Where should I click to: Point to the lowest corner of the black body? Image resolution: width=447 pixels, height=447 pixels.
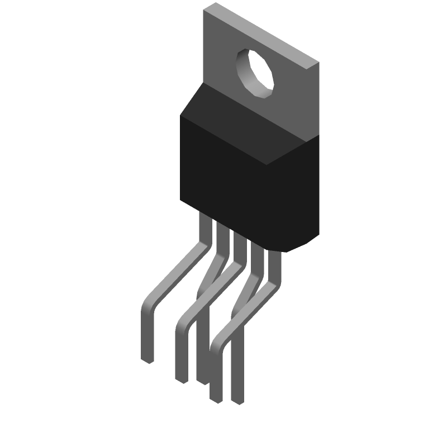tap(286, 252)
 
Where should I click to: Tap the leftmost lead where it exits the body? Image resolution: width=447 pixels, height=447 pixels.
tap(205, 221)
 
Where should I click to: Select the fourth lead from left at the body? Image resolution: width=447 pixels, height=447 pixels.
tap(258, 249)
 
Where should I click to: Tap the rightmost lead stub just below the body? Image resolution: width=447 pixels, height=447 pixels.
tap(275, 258)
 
